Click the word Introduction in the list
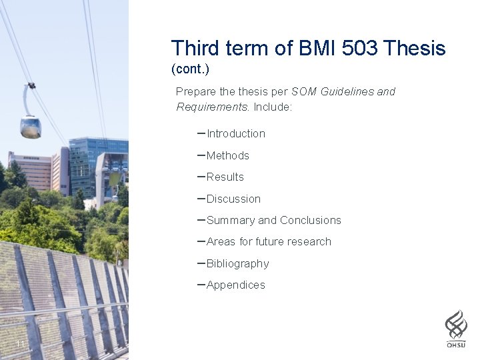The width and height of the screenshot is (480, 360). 236,134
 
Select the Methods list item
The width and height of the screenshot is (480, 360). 228,155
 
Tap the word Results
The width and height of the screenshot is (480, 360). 225,177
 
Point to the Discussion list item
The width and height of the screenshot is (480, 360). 233,199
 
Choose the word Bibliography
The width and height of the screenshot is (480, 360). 238,264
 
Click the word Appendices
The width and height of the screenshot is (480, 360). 236,285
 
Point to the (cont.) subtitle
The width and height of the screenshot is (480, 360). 190,69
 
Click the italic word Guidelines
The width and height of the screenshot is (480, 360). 347,92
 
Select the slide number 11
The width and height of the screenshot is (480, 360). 20,344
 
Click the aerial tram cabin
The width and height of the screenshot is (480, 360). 30,126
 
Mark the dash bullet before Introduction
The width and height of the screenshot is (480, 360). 201,133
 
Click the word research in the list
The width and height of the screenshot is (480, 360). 309,242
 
